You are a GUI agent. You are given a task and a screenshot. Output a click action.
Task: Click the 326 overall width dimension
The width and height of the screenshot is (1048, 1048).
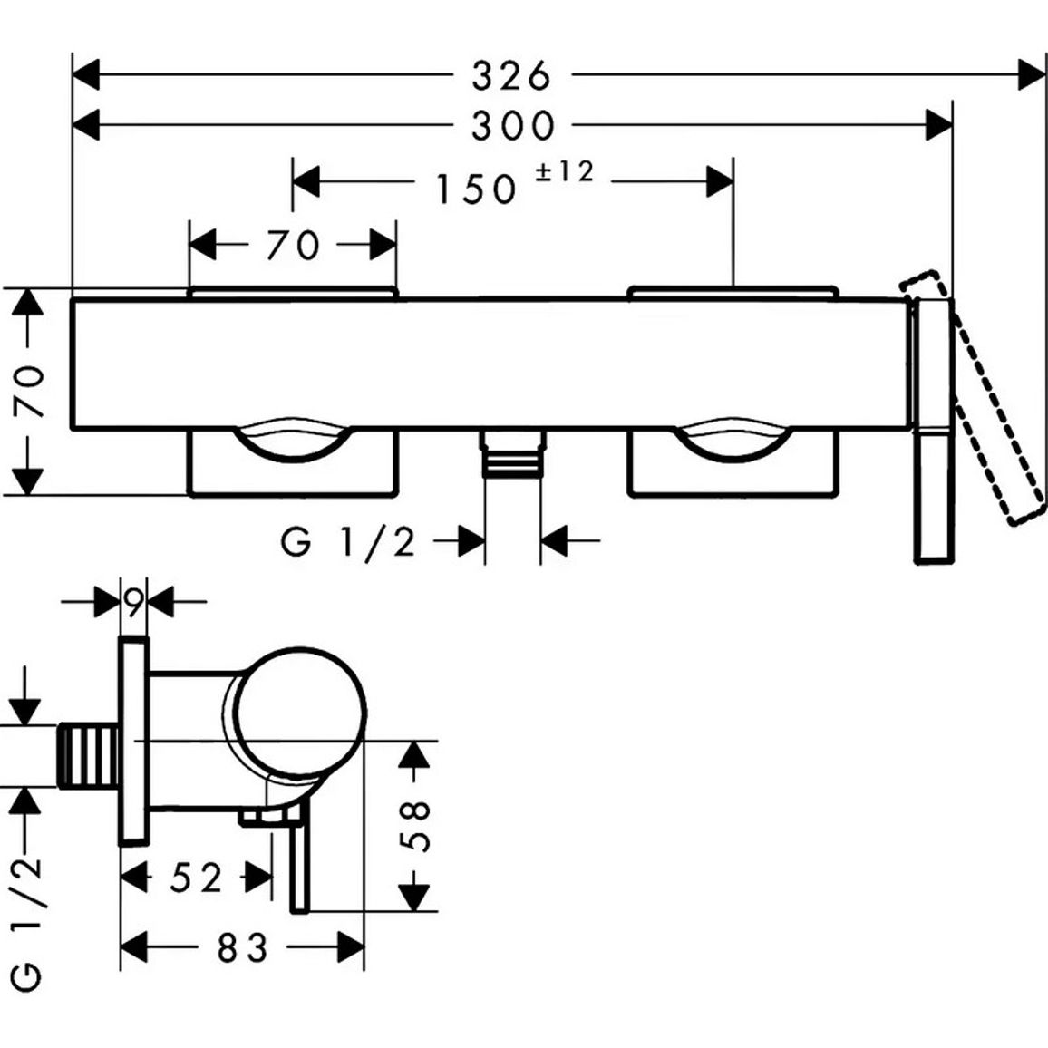pos(512,75)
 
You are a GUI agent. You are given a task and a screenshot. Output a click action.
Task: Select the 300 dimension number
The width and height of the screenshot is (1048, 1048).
pos(513,125)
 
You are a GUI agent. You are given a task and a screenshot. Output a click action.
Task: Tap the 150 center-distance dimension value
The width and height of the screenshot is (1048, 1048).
pos(477,189)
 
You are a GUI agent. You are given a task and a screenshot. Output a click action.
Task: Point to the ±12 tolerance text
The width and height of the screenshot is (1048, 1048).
pos(564,171)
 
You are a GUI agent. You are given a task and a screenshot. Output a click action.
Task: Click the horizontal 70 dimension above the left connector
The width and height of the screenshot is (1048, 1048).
pos(294,245)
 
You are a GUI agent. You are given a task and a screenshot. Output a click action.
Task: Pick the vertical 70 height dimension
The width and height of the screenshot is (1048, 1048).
pos(31,392)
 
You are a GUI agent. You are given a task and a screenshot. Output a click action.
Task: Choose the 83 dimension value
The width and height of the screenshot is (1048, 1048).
pos(243,947)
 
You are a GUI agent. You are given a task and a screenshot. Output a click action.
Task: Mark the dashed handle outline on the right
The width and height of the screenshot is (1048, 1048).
pos(973,398)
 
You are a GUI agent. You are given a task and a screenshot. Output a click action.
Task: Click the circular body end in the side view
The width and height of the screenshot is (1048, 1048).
pos(302,713)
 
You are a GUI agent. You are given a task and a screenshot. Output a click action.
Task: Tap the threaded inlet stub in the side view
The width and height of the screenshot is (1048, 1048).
pos(89,754)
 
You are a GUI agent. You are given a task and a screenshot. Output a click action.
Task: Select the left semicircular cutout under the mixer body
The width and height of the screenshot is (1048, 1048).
pos(294,442)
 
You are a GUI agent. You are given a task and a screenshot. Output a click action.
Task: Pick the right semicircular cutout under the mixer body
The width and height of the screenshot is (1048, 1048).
pos(732,442)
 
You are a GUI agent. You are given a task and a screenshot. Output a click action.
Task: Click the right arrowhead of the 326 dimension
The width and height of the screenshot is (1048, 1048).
pos(1032,74)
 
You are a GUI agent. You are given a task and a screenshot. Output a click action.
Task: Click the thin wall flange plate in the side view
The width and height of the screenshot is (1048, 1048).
pos(133,742)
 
